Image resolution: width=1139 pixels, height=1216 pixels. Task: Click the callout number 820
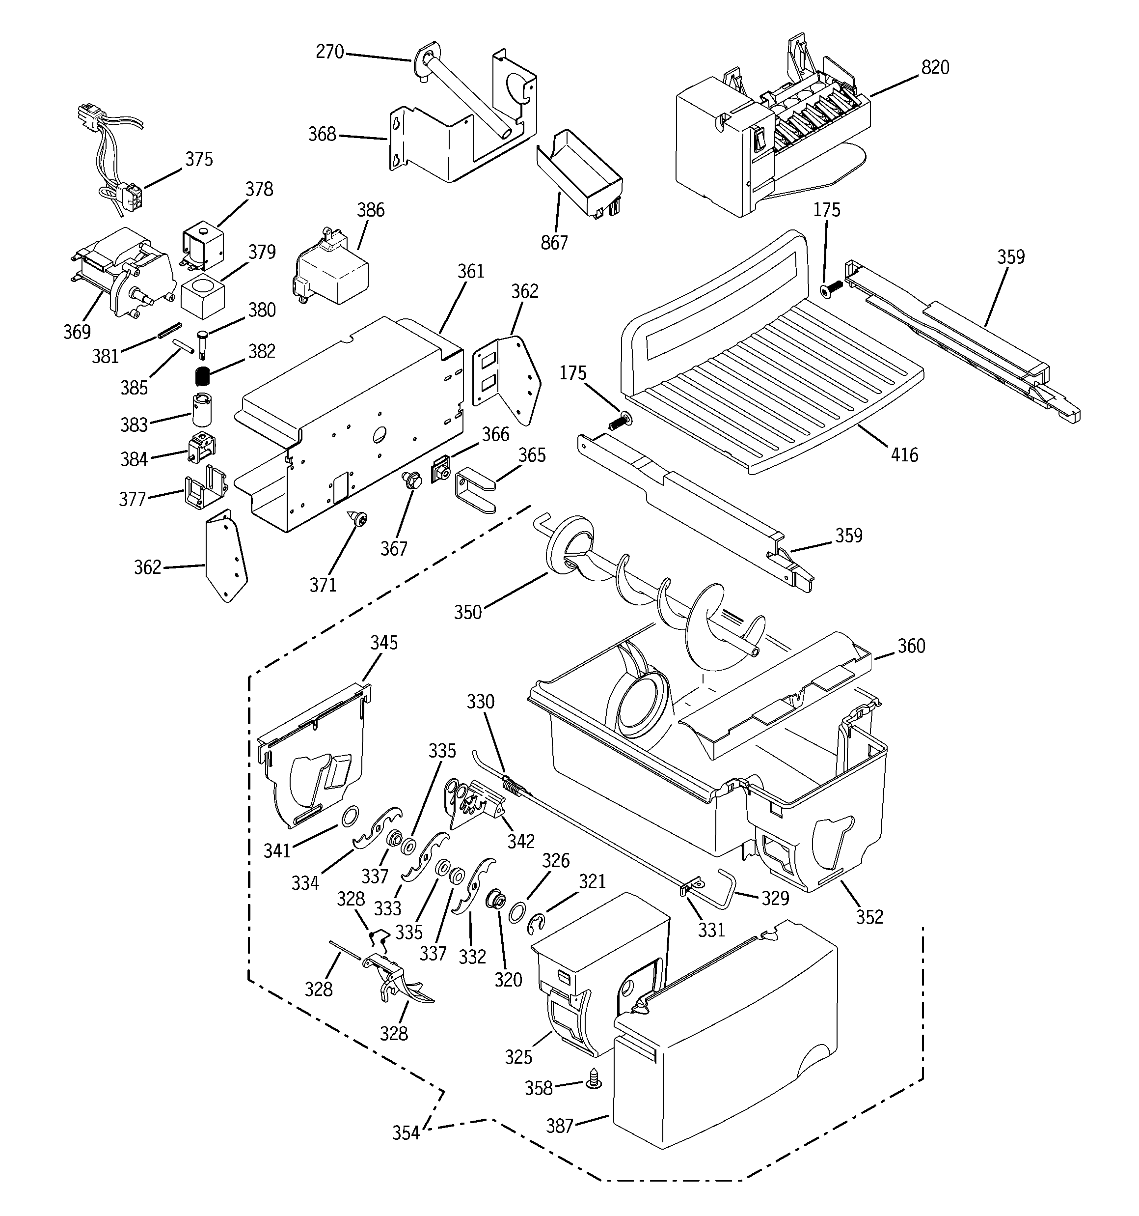click(935, 67)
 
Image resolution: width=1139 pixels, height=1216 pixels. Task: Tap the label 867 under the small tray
click(554, 243)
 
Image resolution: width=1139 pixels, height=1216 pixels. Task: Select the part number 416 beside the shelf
click(904, 454)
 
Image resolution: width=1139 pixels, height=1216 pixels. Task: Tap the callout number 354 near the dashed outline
click(406, 1133)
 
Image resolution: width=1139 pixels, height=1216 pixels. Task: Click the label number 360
click(911, 646)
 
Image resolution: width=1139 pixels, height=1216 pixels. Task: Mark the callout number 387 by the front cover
click(559, 1126)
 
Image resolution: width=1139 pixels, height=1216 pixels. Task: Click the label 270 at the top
click(329, 52)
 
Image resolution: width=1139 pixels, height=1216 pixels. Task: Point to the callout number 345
click(383, 642)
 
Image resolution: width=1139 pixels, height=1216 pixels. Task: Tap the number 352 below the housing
click(869, 917)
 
